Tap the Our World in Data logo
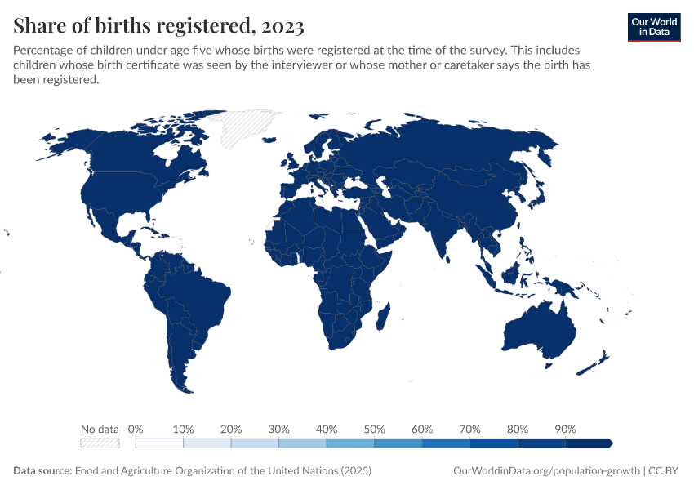point(654,27)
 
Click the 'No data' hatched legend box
point(100,443)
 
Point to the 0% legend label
point(136,429)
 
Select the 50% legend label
point(374,429)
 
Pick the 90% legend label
point(565,429)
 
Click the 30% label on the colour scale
point(278,429)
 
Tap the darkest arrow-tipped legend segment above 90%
point(588,443)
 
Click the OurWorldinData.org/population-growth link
point(545,471)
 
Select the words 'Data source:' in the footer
point(42,471)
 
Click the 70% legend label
point(469,429)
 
